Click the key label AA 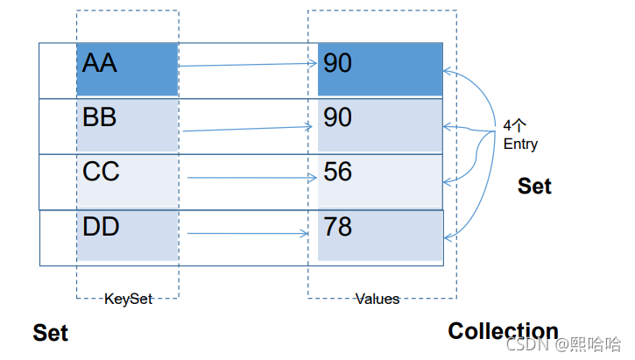(99, 63)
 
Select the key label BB (99, 117)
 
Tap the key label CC (101, 172)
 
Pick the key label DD (101, 226)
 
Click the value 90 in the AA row (337, 63)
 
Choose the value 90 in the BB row (337, 117)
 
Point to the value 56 (337, 172)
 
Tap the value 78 (337, 226)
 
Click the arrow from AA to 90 (248, 65)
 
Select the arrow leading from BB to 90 (248, 129)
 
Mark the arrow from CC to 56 (252, 177)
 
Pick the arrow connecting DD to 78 (248, 233)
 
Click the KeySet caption (128, 300)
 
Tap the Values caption (377, 300)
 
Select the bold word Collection (503, 331)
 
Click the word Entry (520, 145)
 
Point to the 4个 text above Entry (514, 125)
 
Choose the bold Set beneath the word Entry (534, 187)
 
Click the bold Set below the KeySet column (50, 333)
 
